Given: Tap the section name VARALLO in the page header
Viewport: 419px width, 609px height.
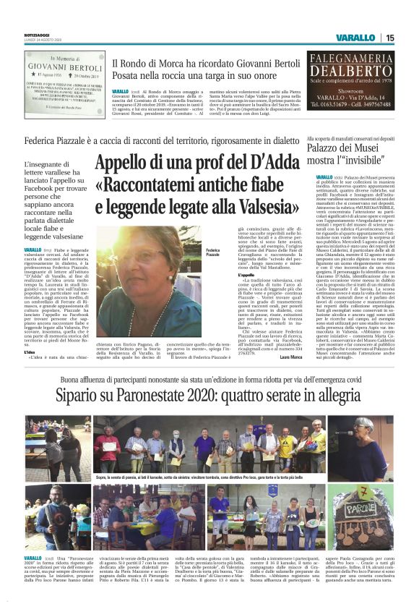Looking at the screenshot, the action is (x=356, y=38).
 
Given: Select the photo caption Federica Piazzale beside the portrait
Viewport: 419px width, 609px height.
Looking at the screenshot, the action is (x=212, y=253).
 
